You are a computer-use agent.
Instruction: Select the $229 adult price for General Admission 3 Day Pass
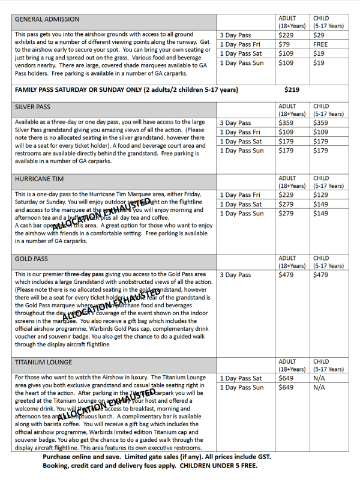point(286,35)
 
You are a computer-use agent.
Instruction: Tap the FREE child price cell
point(320,44)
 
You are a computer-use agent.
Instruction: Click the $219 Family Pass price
point(292,90)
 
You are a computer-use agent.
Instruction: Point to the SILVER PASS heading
point(33,107)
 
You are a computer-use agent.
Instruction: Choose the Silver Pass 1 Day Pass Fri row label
point(240,132)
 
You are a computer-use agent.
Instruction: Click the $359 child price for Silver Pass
point(321,123)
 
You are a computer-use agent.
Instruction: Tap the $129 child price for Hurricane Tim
point(321,195)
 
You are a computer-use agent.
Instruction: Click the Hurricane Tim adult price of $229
point(286,195)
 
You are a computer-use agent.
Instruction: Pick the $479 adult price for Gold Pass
point(286,275)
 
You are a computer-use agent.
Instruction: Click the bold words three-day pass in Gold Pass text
point(89,274)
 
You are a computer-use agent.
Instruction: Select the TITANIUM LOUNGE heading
point(43,363)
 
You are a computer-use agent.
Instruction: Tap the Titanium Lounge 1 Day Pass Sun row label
point(241,388)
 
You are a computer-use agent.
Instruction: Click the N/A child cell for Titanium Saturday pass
point(319,378)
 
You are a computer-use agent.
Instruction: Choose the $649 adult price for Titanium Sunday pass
point(286,388)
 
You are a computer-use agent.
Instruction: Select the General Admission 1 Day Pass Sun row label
point(241,63)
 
